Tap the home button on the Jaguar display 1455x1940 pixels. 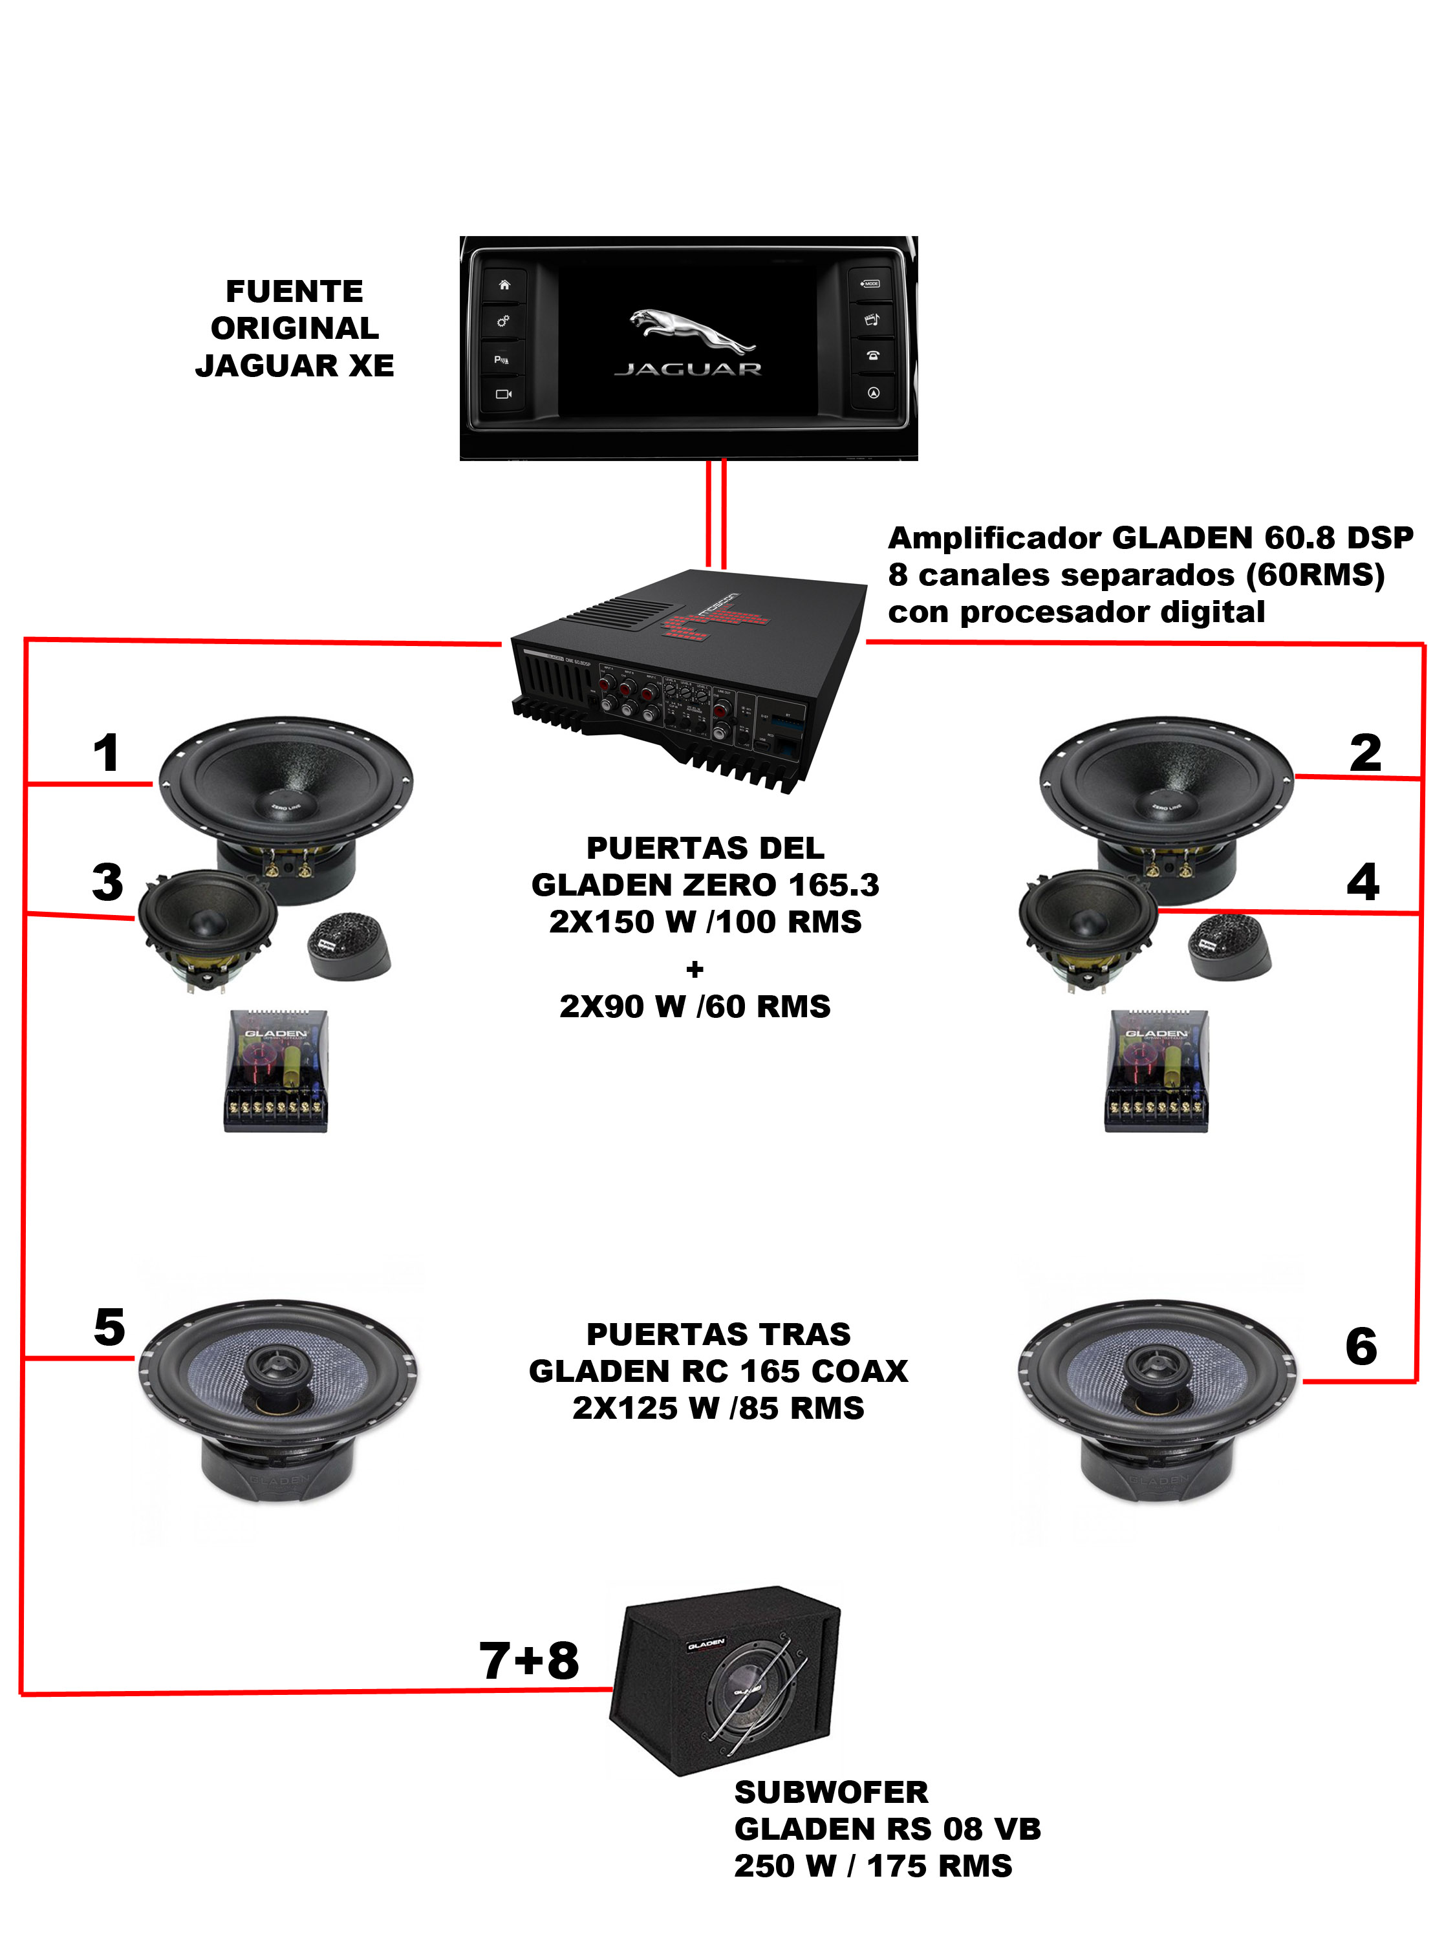coord(503,285)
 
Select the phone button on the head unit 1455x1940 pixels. coord(872,355)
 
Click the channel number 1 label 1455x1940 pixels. coord(106,753)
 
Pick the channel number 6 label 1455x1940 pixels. coord(1361,1346)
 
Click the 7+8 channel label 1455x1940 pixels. coord(529,1660)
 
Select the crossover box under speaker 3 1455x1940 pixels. coord(275,1070)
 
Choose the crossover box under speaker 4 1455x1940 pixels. coord(1156,1070)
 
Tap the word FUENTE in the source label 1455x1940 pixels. coord(295,291)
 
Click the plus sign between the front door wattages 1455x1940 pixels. coord(695,969)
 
